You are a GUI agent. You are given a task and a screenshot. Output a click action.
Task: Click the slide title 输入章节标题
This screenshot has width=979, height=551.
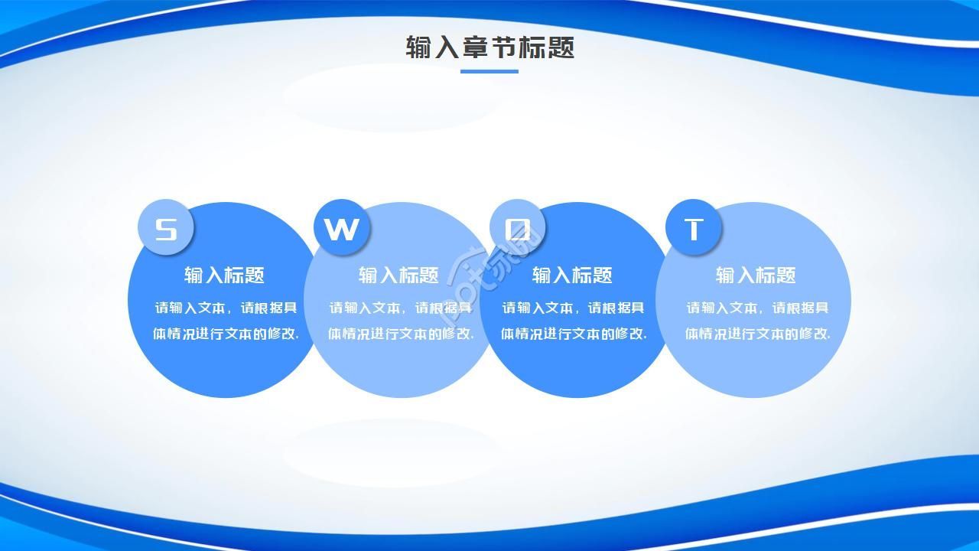point(489,47)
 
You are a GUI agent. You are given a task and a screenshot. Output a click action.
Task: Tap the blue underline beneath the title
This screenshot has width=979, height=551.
point(489,72)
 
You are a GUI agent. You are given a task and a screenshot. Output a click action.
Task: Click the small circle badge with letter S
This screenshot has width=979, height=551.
point(165,228)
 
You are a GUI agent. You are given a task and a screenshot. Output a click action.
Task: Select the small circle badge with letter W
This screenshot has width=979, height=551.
point(342,228)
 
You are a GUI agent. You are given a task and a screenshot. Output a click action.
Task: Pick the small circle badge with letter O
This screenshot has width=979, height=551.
point(518,228)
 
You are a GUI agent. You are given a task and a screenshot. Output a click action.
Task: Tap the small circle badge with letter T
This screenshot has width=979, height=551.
point(694,228)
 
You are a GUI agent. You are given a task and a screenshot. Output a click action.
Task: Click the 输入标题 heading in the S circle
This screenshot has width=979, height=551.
point(224,275)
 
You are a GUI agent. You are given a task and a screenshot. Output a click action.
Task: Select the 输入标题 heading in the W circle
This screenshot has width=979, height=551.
point(398,275)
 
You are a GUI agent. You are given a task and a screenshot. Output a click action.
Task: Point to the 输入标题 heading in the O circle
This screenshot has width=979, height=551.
point(572,275)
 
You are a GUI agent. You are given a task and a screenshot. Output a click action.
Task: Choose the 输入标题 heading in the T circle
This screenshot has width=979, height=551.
point(756,275)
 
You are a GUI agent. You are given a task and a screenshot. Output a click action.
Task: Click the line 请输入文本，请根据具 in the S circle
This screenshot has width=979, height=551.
point(226,308)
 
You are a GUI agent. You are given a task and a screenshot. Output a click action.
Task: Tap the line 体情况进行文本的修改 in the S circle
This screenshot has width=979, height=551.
point(226,334)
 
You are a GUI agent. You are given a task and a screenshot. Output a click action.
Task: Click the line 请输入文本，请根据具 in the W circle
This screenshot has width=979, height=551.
point(401,308)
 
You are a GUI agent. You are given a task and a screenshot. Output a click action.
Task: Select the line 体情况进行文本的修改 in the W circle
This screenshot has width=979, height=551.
point(401,334)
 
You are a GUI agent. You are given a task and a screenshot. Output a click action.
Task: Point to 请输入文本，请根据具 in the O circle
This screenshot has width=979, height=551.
point(574,308)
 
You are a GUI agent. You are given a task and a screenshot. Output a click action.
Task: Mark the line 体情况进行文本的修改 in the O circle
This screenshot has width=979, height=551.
point(574,334)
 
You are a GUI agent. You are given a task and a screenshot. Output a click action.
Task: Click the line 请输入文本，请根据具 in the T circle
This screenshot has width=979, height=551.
point(757,308)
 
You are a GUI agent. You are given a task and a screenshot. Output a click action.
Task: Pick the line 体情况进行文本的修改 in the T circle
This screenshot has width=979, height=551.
point(757,334)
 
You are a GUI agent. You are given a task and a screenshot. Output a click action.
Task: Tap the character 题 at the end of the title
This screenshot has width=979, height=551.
point(561,47)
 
